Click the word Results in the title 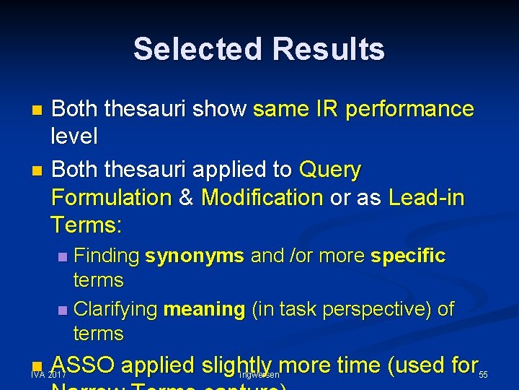click(329, 49)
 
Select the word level click(74, 135)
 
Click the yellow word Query click(329, 170)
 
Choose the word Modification click(262, 197)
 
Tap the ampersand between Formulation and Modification click(186, 197)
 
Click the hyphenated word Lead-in click(427, 197)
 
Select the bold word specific click(408, 256)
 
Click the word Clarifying click(116, 309)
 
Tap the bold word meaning click(205, 310)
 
